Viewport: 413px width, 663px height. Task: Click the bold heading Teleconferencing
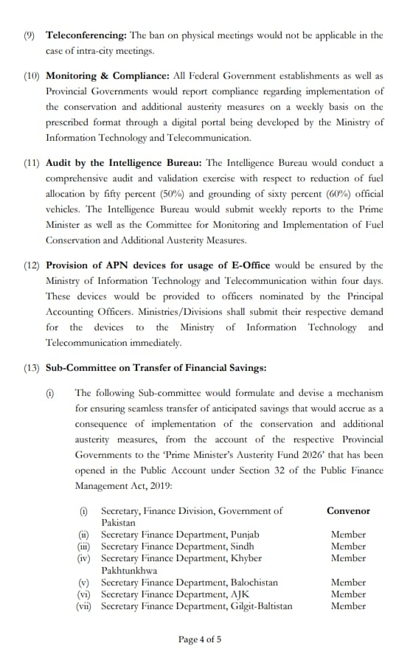tap(86, 35)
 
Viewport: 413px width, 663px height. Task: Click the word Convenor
tap(348, 510)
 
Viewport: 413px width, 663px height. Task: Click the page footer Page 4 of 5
tap(199, 639)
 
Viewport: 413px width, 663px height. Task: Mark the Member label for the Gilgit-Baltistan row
tap(348, 606)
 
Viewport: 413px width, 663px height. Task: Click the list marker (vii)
tap(86, 606)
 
